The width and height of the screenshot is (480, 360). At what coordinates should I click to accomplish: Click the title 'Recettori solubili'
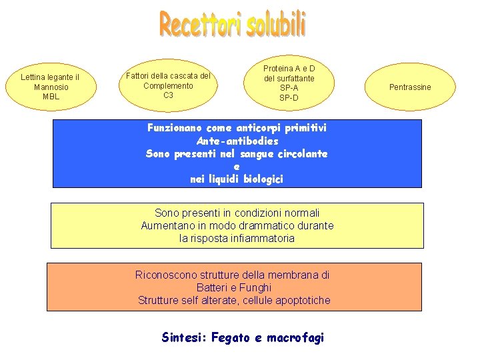point(233,25)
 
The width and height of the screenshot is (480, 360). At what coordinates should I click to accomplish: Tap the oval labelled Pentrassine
point(410,87)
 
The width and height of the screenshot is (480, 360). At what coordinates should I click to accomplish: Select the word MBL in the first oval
point(51,97)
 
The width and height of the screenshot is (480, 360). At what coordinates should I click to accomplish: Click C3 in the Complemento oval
point(168,95)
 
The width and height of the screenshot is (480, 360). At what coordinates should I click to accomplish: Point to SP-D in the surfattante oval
point(289,98)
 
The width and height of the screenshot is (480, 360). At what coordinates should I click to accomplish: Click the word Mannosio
point(51,87)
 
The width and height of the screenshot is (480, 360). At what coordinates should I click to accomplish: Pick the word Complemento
point(168,85)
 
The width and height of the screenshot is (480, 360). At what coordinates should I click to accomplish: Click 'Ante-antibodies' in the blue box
point(237,141)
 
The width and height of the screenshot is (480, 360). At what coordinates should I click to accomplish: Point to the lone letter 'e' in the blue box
point(237,167)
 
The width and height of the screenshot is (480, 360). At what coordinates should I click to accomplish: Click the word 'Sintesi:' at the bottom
point(184,337)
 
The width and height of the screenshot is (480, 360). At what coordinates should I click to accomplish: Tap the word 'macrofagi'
point(295,338)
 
